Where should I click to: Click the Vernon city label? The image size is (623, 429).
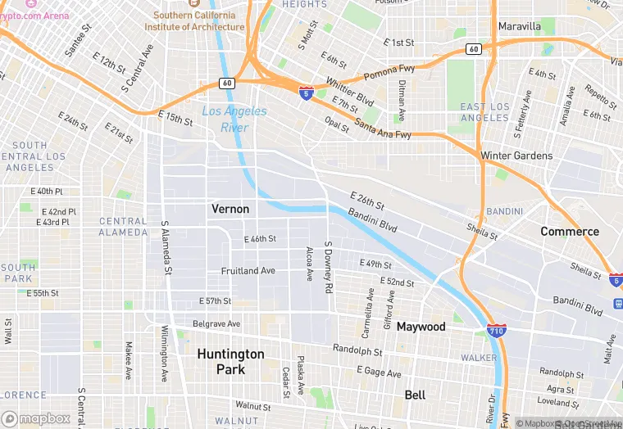point(230,209)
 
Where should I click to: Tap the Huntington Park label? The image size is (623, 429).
point(230,361)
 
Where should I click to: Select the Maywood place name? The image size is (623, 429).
point(421,327)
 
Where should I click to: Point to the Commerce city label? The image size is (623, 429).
point(569,232)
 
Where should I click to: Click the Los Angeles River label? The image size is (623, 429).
point(234,120)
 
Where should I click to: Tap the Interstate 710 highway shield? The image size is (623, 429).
point(495,332)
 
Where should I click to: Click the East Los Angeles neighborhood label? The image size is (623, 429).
point(484,112)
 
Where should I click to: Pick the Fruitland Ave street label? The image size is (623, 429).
point(248,271)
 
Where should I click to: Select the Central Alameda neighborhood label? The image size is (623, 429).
point(123,227)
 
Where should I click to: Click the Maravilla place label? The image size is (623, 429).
point(519,26)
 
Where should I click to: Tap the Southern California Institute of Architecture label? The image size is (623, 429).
point(194,20)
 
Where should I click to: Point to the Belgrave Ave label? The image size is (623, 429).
point(216,324)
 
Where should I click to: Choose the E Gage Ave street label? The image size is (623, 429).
point(379,373)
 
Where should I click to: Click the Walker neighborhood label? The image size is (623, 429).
point(478,358)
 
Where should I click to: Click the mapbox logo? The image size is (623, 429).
point(36,418)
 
